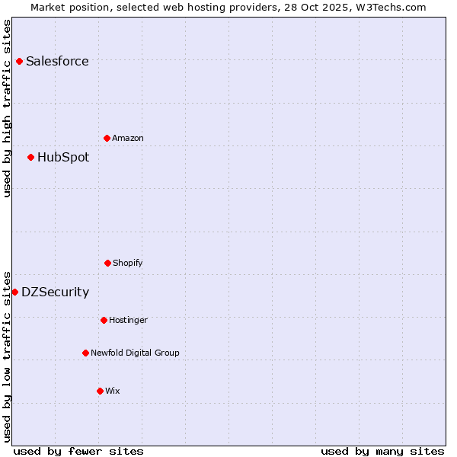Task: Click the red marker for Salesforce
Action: point(19,61)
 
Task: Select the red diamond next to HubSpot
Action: point(30,157)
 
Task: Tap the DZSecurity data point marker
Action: point(14,292)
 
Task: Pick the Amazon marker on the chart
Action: point(107,138)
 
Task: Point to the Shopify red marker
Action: point(107,263)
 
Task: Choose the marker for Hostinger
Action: point(104,320)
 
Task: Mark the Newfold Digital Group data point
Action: point(85,353)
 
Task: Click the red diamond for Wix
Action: point(100,391)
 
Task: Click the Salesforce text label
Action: point(57,61)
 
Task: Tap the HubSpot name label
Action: point(63,157)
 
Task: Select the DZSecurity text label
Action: point(55,292)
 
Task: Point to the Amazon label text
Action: point(128,138)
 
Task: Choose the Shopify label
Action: point(128,263)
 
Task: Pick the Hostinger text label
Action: point(128,320)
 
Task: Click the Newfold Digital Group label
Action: point(135,353)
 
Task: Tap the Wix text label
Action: point(113,391)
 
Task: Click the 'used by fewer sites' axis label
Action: point(78,451)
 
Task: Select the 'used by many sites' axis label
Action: point(382,451)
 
